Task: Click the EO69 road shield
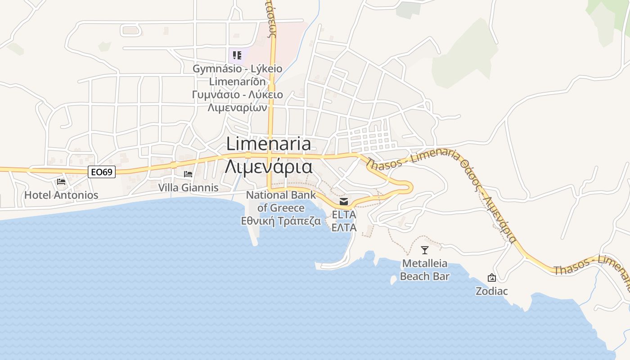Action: coord(102,171)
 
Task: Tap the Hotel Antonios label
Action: coord(61,195)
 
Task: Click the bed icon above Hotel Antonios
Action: coord(61,182)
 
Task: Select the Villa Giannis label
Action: coord(188,187)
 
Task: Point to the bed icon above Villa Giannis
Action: coord(188,174)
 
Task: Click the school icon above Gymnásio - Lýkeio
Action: coord(237,55)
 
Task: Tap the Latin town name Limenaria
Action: coord(268,144)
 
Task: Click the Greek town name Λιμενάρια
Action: coord(268,166)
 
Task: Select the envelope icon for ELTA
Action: coord(344,201)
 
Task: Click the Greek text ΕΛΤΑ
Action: coord(344,227)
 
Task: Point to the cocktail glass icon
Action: coord(424,250)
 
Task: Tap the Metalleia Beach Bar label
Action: coord(425,270)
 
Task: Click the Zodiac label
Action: coord(491,291)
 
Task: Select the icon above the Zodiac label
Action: coord(491,278)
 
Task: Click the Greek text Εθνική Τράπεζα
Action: coord(281,221)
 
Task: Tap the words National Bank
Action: coord(274,195)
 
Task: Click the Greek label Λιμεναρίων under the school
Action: coord(238,108)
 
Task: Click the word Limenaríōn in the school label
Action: coord(238,81)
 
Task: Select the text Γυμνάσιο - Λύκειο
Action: coord(238,94)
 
